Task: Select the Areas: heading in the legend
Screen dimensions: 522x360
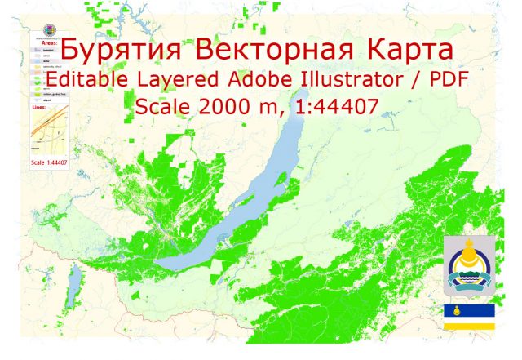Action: (47, 41)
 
